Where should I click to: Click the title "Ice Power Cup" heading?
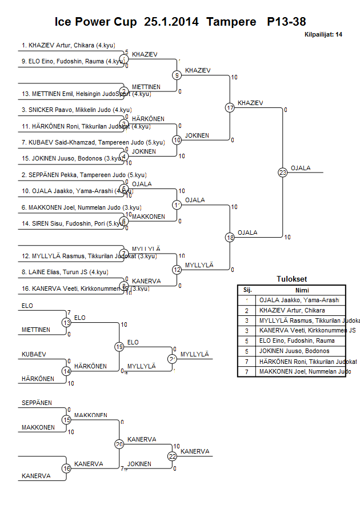[95, 22]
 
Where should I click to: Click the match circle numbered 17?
[230, 107]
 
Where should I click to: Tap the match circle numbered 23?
[282, 172]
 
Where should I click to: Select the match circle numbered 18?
[230, 237]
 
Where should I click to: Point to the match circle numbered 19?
[119, 347]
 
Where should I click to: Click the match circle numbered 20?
[119, 444]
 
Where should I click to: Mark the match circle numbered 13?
[66, 323]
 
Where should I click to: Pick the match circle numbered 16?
[66, 468]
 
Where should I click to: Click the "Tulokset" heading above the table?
[291, 279]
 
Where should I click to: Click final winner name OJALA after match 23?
[301, 168]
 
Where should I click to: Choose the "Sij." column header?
[247, 290]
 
